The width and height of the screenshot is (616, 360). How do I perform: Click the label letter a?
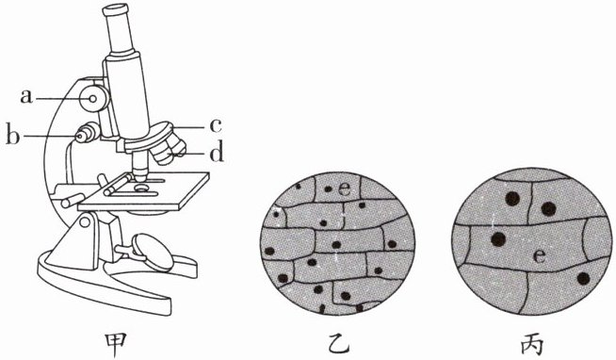click(x=26, y=97)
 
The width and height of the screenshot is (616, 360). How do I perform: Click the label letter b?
click(x=12, y=136)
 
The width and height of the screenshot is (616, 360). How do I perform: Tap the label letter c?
click(x=216, y=126)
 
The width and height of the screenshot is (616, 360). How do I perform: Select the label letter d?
click(x=217, y=153)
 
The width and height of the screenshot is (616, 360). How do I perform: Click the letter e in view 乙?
click(x=344, y=189)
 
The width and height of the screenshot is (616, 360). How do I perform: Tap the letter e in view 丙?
click(x=540, y=256)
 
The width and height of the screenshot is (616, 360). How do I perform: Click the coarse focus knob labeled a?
click(x=94, y=99)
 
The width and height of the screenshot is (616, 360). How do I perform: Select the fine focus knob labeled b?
click(x=88, y=133)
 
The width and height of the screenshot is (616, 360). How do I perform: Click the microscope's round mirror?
click(x=153, y=253)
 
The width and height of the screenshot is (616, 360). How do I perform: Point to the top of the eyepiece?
click(x=116, y=8)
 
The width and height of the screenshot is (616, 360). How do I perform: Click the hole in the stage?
click(x=140, y=188)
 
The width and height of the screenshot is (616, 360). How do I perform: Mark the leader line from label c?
click(x=189, y=127)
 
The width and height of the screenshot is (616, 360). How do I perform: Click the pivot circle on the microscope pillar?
click(x=85, y=222)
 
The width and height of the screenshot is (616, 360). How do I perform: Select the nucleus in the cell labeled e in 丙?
click(x=498, y=238)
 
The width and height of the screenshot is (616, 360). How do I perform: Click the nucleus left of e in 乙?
click(x=328, y=189)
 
